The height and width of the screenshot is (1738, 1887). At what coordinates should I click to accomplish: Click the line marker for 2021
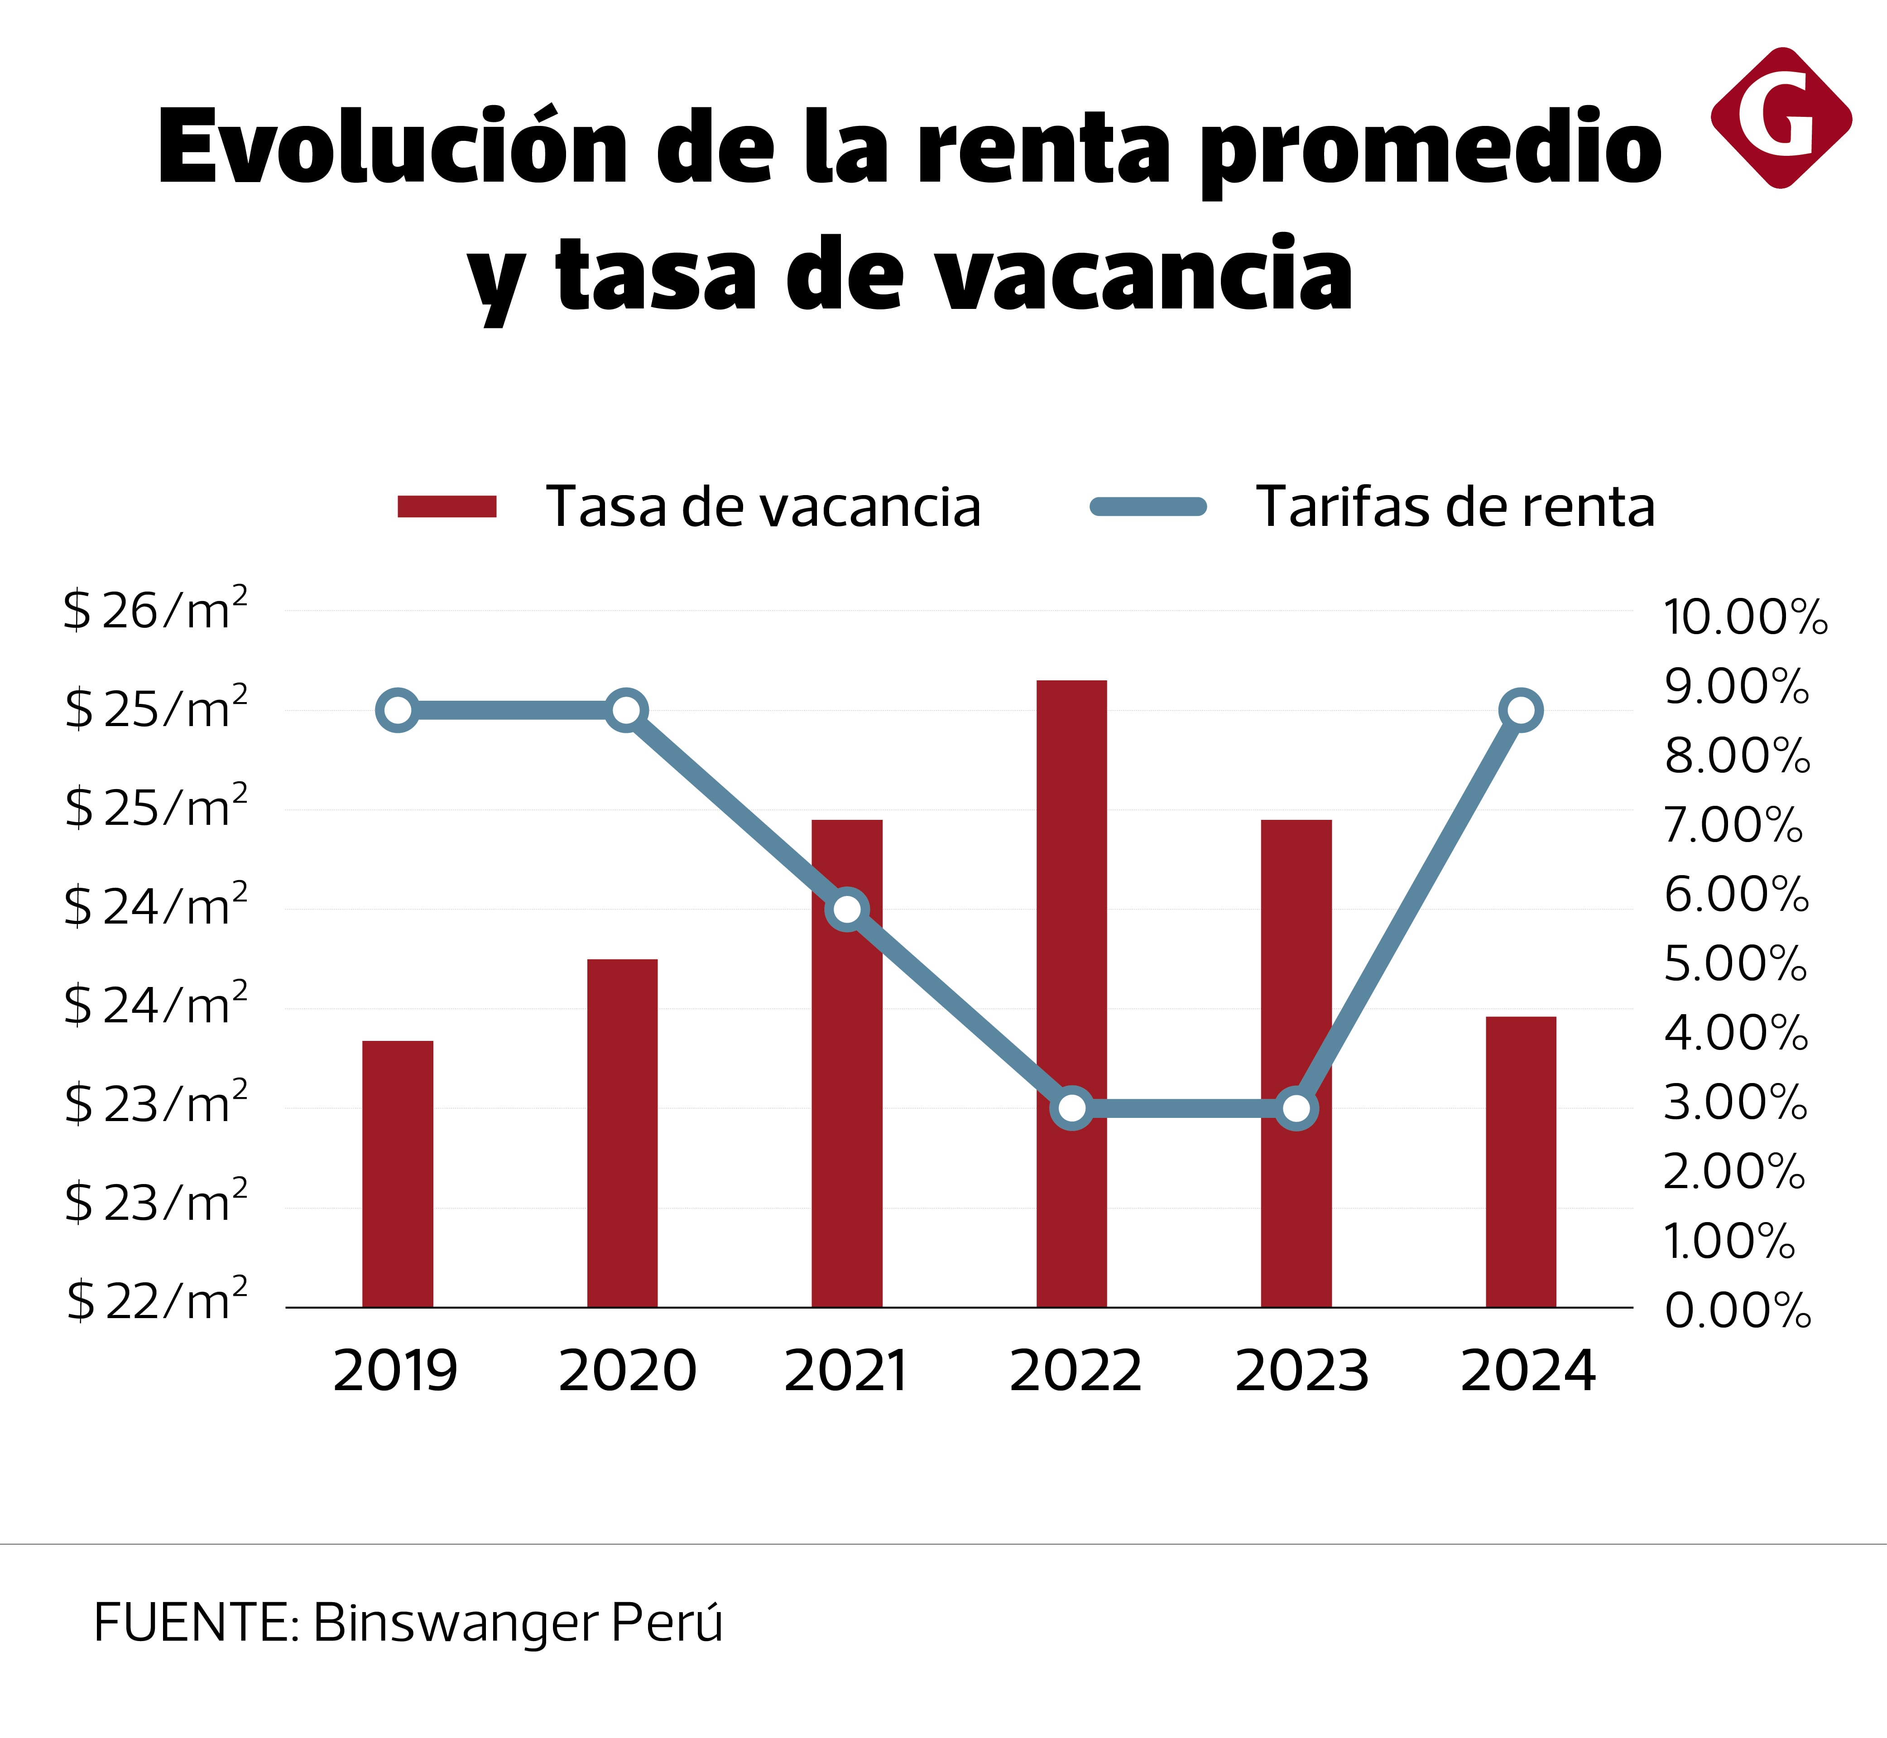pos(847,910)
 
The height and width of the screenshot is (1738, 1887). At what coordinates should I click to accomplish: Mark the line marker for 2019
pos(398,710)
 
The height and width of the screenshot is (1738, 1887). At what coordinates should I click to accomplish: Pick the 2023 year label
pos(1301,1371)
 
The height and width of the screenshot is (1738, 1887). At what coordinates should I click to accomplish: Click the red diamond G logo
pos(1781,118)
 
